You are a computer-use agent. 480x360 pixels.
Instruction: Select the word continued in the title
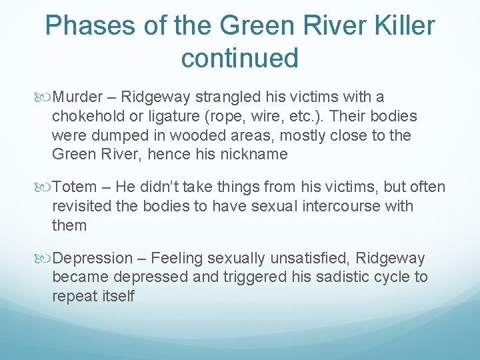coord(239,58)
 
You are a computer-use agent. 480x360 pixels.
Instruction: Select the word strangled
coord(228,97)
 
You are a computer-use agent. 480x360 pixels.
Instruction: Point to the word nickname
coord(257,154)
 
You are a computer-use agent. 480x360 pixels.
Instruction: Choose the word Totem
coord(73,187)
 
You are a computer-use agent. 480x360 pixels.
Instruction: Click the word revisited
coord(83,206)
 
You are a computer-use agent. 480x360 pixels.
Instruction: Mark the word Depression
coord(93,258)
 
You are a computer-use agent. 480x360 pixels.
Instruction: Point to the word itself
coord(115,295)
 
